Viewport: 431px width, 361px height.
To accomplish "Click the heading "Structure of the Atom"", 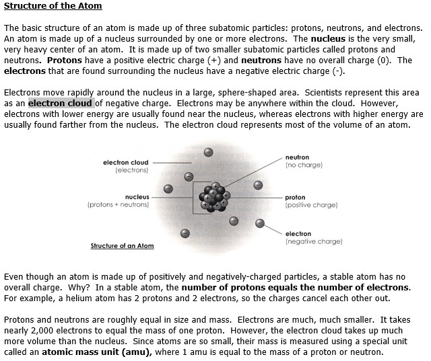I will (53, 7).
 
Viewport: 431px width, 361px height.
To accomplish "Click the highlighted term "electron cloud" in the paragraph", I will (61, 104).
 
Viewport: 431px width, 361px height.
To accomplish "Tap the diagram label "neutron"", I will (298, 157).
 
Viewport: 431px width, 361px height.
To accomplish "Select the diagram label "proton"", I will (295, 198).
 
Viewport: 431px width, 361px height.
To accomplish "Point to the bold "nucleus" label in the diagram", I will (137, 197).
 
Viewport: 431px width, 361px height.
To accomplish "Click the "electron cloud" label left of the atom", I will (125, 163).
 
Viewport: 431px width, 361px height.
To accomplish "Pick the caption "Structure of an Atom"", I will (122, 245).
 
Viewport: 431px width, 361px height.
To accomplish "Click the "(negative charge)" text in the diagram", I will (314, 241).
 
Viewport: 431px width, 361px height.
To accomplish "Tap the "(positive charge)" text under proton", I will (311, 204).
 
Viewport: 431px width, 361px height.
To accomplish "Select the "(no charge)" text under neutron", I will (304, 164).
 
